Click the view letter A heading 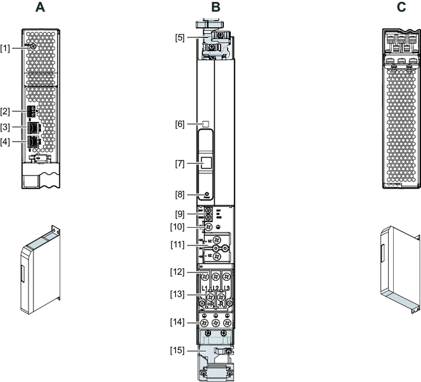40,8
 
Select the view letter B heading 216,8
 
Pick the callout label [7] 181,164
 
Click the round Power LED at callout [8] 207,194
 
